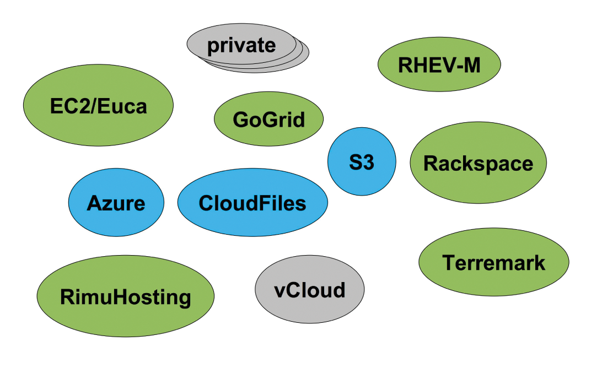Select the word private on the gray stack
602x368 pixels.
click(241, 45)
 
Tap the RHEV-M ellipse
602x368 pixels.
click(439, 65)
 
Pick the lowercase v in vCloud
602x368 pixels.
click(279, 290)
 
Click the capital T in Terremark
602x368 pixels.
click(449, 262)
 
